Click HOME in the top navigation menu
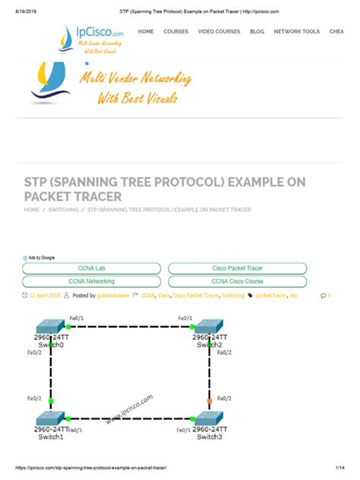tap(146, 32)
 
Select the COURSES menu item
tap(175, 32)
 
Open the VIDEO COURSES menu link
tap(219, 32)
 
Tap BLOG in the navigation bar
tap(257, 32)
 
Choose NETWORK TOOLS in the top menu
tap(296, 32)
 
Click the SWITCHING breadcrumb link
tap(63, 210)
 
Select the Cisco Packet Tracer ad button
tap(237, 268)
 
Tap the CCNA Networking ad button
tap(91, 280)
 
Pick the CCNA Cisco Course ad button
tap(237, 280)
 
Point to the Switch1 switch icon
tap(51, 420)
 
